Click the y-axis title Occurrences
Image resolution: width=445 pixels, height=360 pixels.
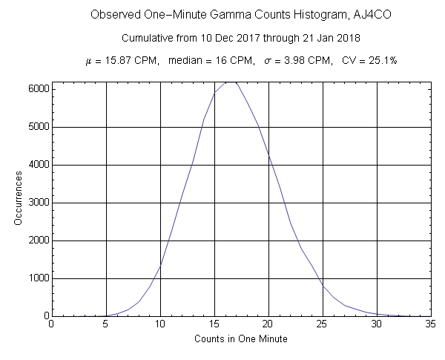[19, 199]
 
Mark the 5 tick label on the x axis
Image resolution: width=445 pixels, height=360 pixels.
[106, 324]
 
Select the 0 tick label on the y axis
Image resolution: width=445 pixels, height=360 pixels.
[44, 316]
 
